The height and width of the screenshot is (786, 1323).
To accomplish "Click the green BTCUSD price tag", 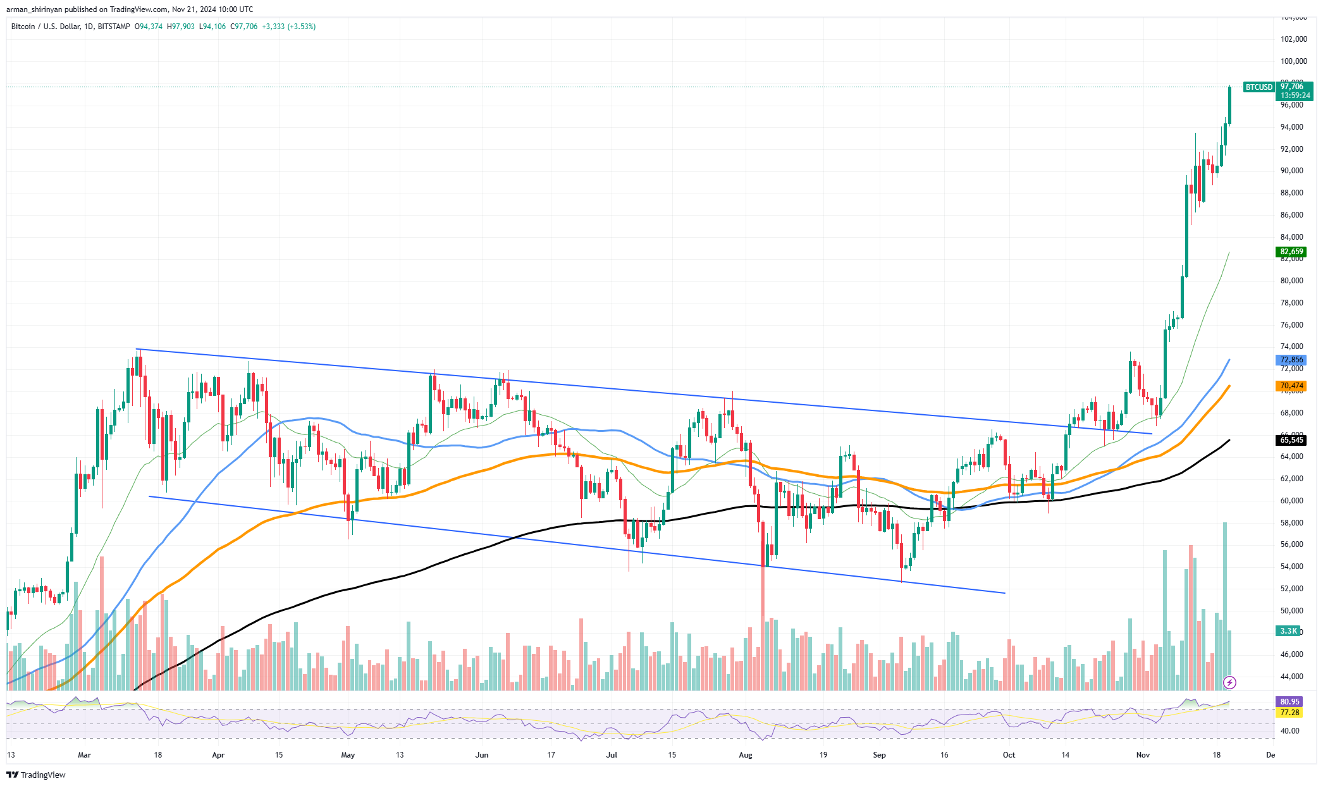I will pos(1258,87).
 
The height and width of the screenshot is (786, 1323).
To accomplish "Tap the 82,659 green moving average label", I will pos(1291,252).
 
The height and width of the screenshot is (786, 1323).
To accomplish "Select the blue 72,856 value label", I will pos(1291,360).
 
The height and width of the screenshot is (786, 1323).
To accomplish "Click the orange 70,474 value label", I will pos(1291,386).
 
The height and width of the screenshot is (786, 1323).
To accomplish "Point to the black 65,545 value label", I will pos(1291,440).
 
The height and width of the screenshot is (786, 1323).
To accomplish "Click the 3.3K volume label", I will pos(1289,631).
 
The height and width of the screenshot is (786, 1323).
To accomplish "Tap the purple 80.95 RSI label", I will pos(1289,702).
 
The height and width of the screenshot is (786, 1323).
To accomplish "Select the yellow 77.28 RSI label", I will pos(1289,713).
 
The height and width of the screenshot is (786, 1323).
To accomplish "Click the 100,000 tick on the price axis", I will pos(1293,61).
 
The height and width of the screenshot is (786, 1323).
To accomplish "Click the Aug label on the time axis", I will pos(746,755).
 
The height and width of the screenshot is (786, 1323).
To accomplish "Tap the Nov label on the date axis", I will pos(1143,755).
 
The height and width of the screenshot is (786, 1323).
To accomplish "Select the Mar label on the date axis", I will pos(84,755).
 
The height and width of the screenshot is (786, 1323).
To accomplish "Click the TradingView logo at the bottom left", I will pos(37,775).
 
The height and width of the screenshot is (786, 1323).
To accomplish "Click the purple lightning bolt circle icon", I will pos(1229,682).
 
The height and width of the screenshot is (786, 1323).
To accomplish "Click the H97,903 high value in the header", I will pos(180,27).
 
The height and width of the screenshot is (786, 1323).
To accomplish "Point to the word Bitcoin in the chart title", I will pos(23,27).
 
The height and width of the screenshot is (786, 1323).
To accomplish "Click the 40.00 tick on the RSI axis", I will pos(1289,731).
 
